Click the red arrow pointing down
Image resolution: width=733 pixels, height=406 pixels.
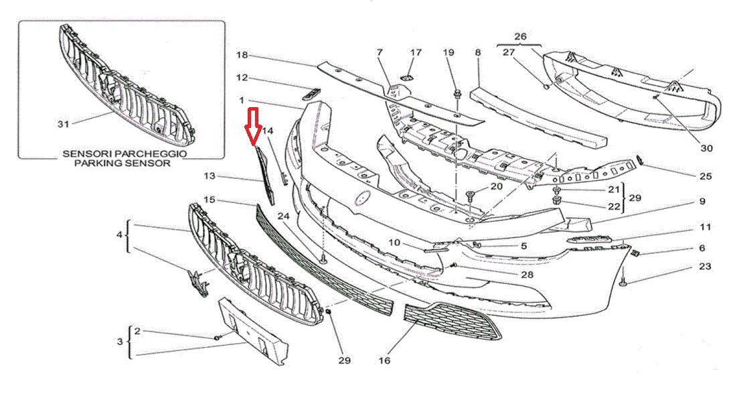pyautogui.click(x=253, y=126)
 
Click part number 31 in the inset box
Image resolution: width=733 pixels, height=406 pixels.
pyautogui.click(x=63, y=124)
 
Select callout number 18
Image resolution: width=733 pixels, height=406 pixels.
pyautogui.click(x=242, y=55)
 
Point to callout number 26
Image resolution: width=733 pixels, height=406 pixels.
pyautogui.click(x=520, y=36)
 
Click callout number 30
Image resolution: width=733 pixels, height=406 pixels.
pyautogui.click(x=706, y=148)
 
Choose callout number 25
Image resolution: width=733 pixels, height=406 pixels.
pyautogui.click(x=706, y=176)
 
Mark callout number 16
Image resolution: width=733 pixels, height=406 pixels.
pyautogui.click(x=384, y=360)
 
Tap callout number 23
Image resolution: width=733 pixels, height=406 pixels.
pyautogui.click(x=705, y=267)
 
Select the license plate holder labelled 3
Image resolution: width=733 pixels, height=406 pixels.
pyautogui.click(x=254, y=331)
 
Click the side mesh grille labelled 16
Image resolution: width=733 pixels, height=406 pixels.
pyautogui.click(x=452, y=321)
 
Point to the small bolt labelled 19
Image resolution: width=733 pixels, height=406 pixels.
pyautogui.click(x=458, y=95)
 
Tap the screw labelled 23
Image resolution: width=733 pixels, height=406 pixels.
pyautogui.click(x=624, y=283)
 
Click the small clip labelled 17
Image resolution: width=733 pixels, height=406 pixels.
pyautogui.click(x=406, y=76)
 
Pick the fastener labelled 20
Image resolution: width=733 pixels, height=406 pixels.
pyautogui.click(x=471, y=196)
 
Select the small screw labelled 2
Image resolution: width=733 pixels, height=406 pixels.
pyautogui.click(x=218, y=337)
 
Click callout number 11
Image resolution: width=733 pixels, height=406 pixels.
pyautogui.click(x=706, y=227)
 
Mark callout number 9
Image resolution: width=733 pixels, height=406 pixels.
pyautogui.click(x=703, y=202)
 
